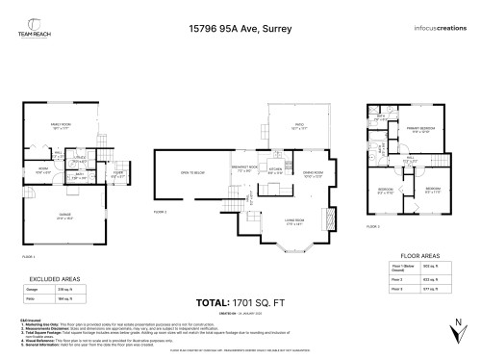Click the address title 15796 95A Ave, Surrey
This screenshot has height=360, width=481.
coord(240,30)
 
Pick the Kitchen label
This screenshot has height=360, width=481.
coord(276,170)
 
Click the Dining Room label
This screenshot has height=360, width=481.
coord(314,175)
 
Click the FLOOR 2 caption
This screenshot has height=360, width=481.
coord(161,210)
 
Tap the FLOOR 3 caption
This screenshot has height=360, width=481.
coord(373,224)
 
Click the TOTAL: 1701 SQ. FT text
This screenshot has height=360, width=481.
coord(240,299)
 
